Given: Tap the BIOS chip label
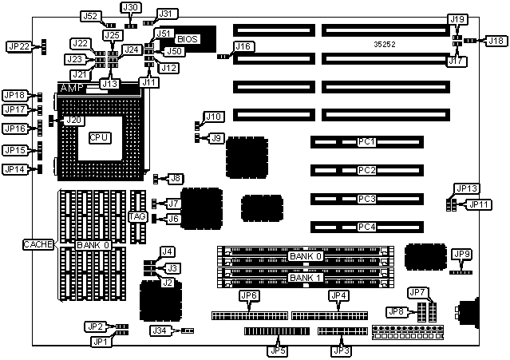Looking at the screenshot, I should [187, 38].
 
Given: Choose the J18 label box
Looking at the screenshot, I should [496, 40].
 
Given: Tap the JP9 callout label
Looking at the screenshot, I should [461, 254].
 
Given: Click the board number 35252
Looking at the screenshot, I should [385, 45].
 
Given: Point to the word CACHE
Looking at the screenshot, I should [38, 243].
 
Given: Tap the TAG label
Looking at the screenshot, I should [136, 217].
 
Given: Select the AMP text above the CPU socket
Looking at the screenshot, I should [72, 88].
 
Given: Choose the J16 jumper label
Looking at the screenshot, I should [244, 47].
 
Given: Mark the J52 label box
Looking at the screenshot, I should [90, 16].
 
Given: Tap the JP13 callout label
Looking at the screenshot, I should [466, 188].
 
